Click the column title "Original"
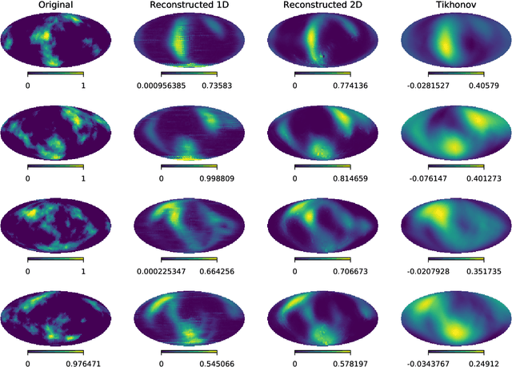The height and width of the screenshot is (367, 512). coord(55,6)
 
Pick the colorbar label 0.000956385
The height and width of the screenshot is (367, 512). coord(161,84)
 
